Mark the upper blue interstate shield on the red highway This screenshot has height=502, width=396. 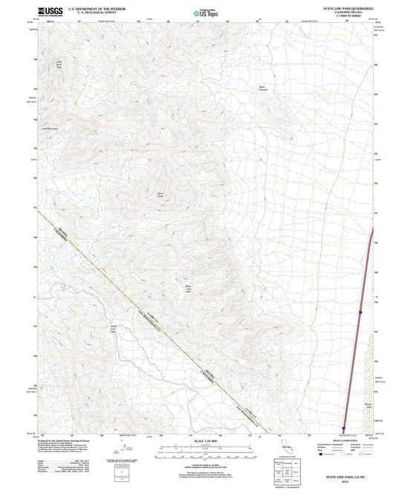click(x=360, y=312)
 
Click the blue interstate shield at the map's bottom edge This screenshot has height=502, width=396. click(x=344, y=427)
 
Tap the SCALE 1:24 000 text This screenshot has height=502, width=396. click(x=198, y=442)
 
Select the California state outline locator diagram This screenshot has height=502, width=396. click(x=286, y=446)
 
